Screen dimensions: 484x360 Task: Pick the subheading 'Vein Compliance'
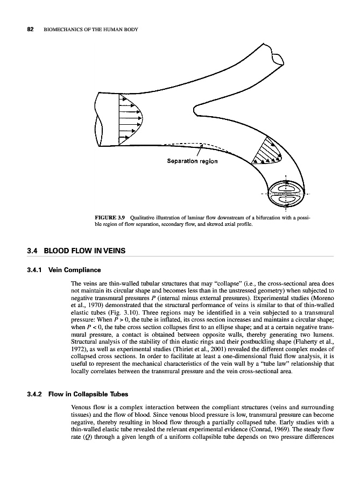74,269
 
